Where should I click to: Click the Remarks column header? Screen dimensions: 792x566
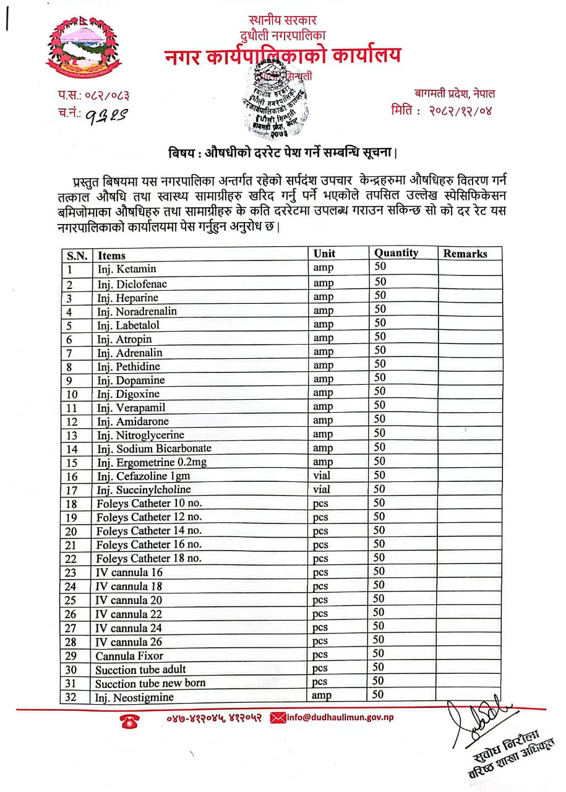coord(465,254)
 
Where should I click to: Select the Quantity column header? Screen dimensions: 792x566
coord(396,253)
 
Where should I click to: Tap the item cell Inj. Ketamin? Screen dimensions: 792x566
coord(126,269)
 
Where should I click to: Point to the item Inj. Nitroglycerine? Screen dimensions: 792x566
coord(140,434)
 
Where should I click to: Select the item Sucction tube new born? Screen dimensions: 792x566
coord(150,683)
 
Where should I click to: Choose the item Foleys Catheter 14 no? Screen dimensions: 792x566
coord(149,531)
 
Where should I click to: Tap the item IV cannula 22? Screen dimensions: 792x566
coord(129,614)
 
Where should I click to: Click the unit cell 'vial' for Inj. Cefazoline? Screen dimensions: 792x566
coord(322,476)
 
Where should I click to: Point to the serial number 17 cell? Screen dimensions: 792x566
coord(72,490)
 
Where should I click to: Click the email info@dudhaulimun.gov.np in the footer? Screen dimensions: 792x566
coord(340,717)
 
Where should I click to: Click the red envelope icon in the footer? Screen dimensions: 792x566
coord(278,717)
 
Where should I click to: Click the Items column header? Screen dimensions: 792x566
coord(111,255)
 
